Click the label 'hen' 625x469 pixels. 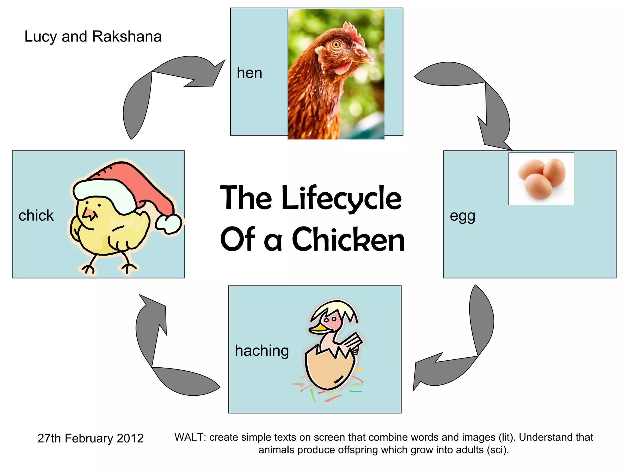click(249, 73)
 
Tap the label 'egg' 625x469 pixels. click(462, 216)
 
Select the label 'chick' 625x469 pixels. click(36, 216)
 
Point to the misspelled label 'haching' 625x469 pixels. click(262, 351)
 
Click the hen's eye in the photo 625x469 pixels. click(336, 45)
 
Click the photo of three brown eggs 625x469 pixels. click(541, 179)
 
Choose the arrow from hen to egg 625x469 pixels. click(476, 98)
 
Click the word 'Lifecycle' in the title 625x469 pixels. click(341, 198)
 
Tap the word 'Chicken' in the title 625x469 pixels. click(348, 240)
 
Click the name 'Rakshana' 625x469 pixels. click(127, 37)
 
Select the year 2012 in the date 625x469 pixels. click(130, 438)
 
